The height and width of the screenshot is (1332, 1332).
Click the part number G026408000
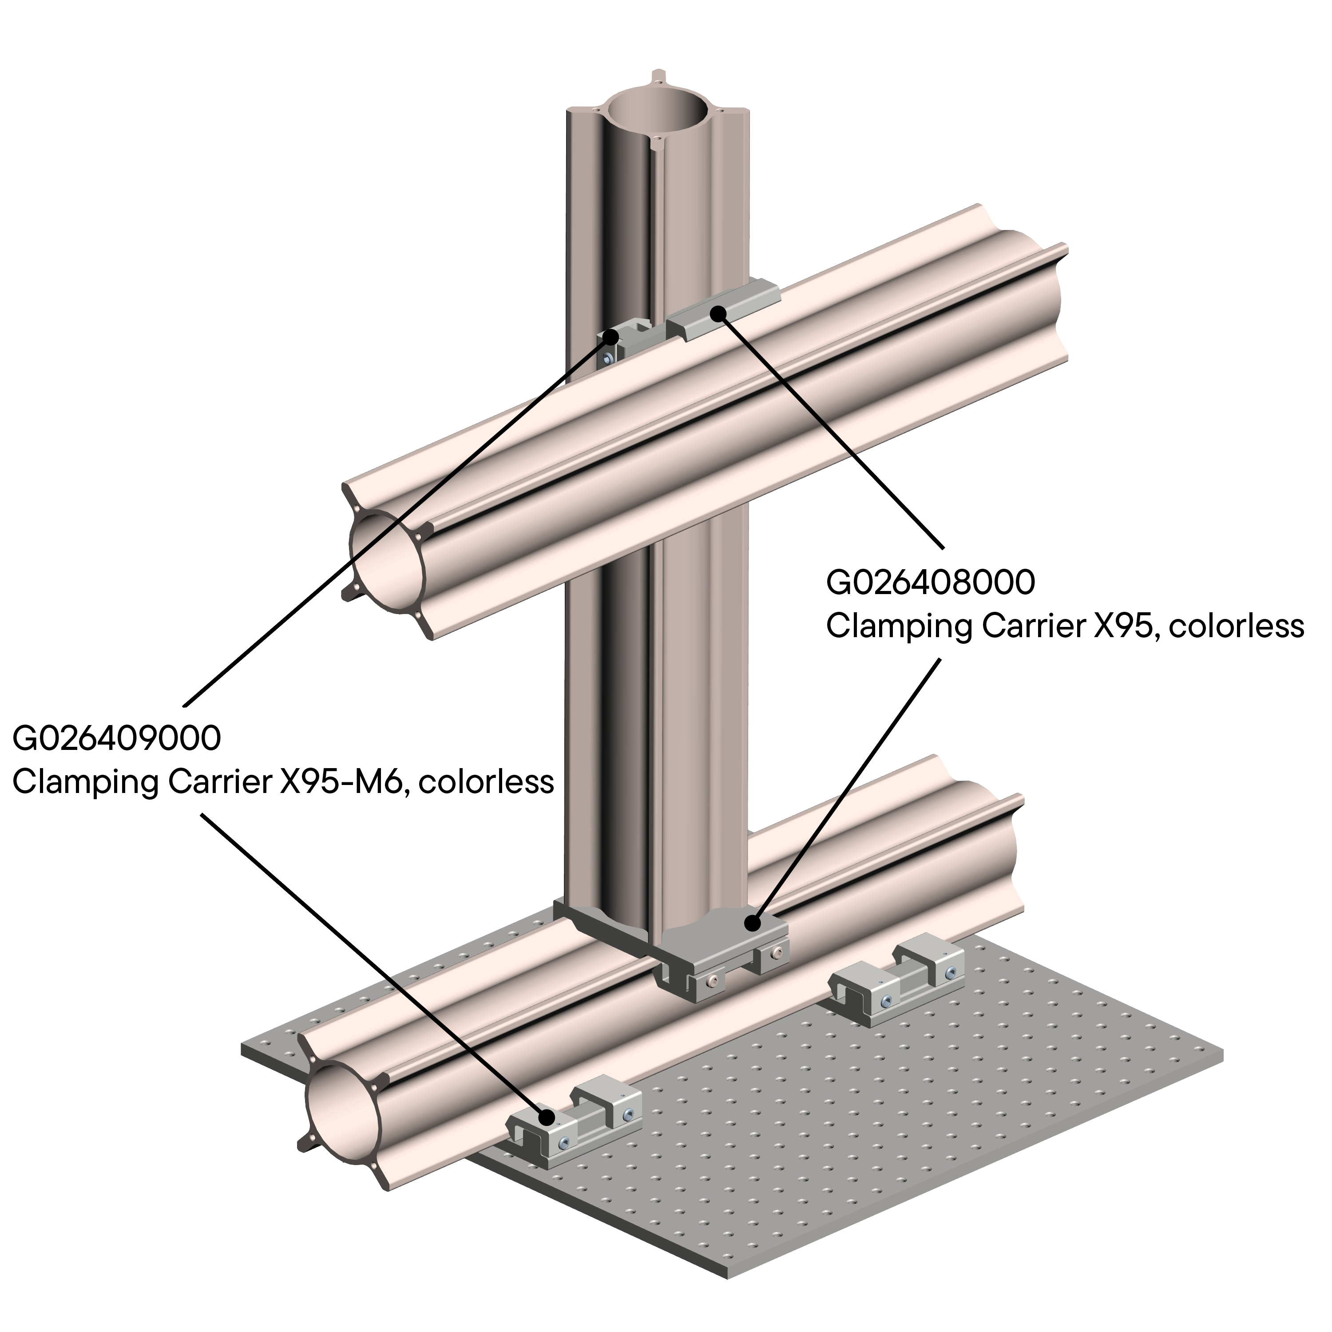point(931,583)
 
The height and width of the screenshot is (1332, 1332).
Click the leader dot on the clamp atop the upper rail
point(719,314)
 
